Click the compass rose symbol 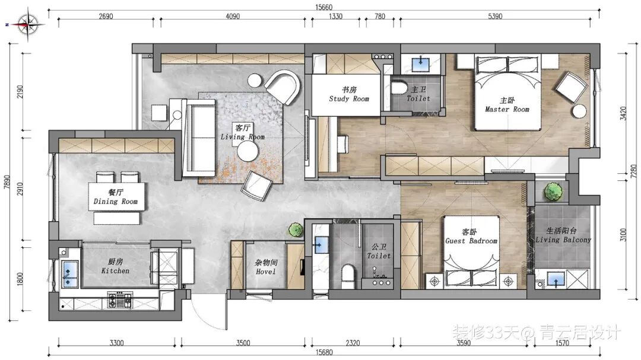point(28,25)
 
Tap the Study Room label point(349,94)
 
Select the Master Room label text point(507,105)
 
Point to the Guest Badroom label point(471,237)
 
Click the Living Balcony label point(563,235)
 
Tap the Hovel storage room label point(266,267)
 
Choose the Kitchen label point(115,266)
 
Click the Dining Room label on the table point(116,197)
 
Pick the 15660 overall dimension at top point(324,7)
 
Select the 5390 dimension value point(495,17)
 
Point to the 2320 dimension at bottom point(353,343)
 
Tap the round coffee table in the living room point(247,152)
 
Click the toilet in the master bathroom point(398,88)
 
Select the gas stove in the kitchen point(120,300)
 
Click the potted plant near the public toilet point(295,230)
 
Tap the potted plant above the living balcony point(554,191)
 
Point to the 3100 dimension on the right point(623,234)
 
